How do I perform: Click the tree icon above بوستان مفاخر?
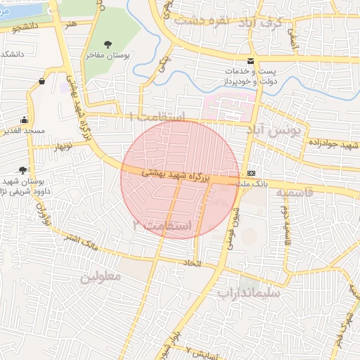pyautogui.click(x=108, y=44)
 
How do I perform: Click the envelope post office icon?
pyautogui.click(x=252, y=61)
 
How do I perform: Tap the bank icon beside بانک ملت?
pyautogui.click(x=252, y=173)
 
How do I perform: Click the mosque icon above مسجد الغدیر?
pyautogui.click(x=25, y=120)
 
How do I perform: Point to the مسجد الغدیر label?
pyautogui.click(x=25, y=131)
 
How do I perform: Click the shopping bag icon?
pyautogui.click(x=42, y=82)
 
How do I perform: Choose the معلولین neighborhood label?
pyautogui.click(x=101, y=276)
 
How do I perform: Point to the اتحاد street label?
pyautogui.click(x=191, y=264)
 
